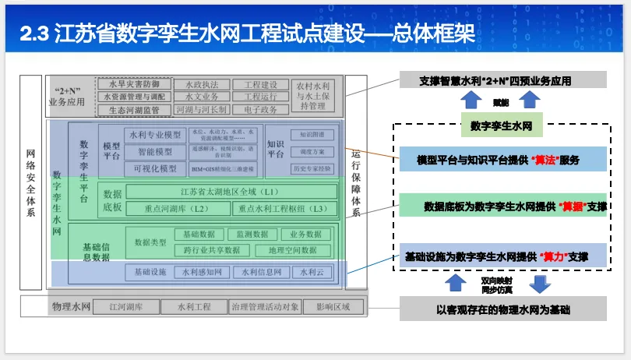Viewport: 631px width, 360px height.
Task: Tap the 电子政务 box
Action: [260, 110]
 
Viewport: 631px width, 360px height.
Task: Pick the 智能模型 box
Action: [155, 152]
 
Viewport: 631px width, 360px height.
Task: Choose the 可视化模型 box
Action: [155, 168]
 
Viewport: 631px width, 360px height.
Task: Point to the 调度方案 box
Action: [312, 152]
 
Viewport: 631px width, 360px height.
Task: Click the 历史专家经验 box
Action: [312, 168]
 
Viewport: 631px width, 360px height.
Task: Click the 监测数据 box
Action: [252, 235]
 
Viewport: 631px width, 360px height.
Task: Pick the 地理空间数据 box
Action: [293, 250]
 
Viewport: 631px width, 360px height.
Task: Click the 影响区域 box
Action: [333, 306]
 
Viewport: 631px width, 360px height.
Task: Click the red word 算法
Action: [544, 161]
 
